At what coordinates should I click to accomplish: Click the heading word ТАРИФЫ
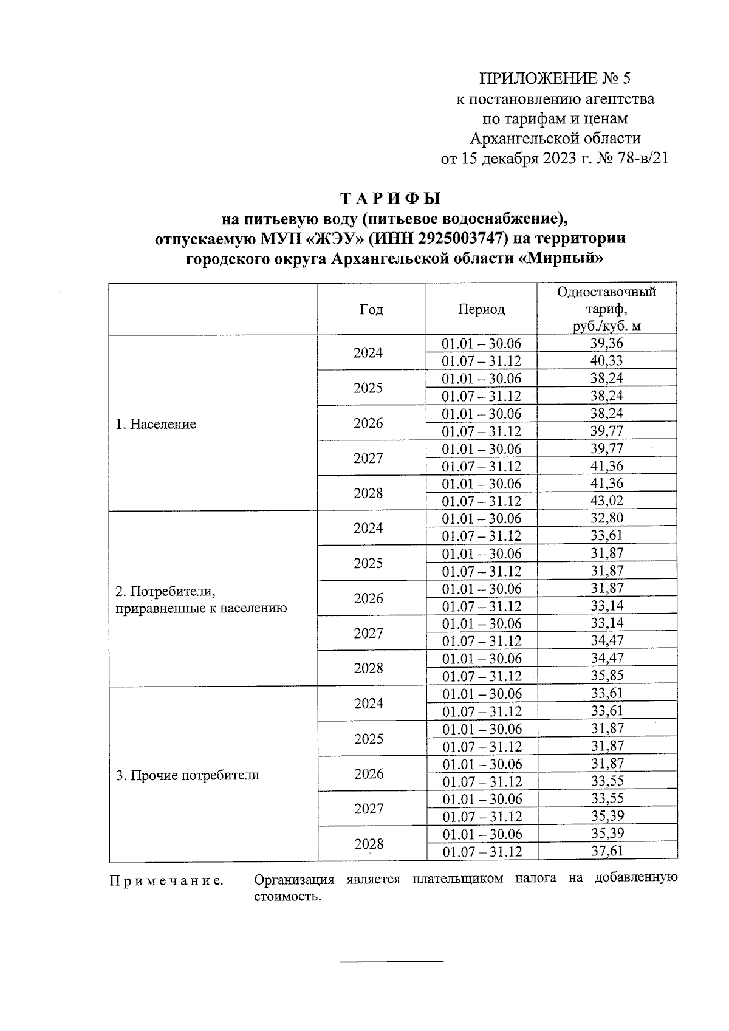click(389, 199)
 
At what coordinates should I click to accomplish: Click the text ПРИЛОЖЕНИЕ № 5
click(555, 78)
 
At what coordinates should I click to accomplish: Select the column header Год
click(371, 310)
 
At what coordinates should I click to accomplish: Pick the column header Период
click(481, 310)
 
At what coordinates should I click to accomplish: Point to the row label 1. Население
click(156, 424)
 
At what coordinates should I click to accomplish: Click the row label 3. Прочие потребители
click(188, 775)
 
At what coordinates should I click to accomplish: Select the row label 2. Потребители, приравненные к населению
click(201, 600)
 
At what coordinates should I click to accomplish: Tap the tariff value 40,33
click(607, 361)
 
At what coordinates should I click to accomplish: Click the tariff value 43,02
click(607, 501)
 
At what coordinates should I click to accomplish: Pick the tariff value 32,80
click(607, 518)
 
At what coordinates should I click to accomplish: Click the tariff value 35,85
click(607, 676)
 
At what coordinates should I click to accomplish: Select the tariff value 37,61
click(607, 851)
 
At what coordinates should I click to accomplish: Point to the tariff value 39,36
click(607, 343)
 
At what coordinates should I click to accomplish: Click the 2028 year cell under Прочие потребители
click(368, 843)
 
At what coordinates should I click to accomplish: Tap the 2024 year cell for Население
click(368, 352)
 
